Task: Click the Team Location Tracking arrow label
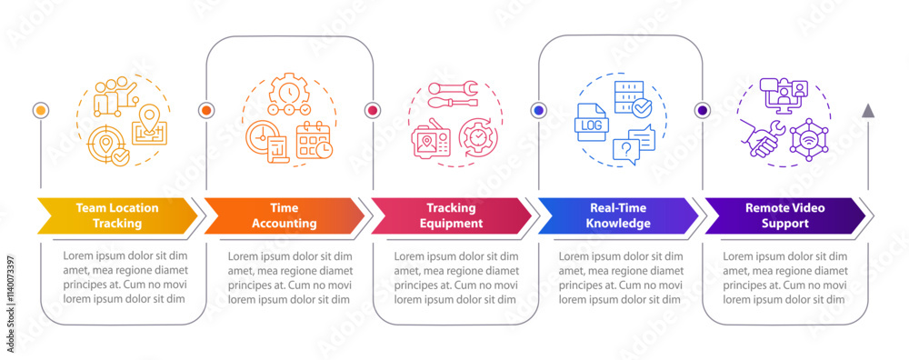pyautogui.click(x=117, y=215)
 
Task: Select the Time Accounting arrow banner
pyautogui.click(x=285, y=215)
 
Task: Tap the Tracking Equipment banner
pyautogui.click(x=451, y=215)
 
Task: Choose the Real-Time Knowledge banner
pyautogui.click(x=618, y=215)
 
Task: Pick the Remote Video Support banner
pyautogui.click(x=785, y=215)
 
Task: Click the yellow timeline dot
pyautogui.click(x=41, y=110)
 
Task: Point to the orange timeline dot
pyautogui.click(x=206, y=110)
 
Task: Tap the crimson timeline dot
pyautogui.click(x=372, y=110)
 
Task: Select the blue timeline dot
pyautogui.click(x=539, y=110)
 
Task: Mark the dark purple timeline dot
pyautogui.click(x=703, y=110)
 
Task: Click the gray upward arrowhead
pyautogui.click(x=868, y=111)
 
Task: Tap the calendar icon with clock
pyautogui.click(x=315, y=141)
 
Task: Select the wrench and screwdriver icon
pyautogui.click(x=452, y=95)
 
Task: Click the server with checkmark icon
pyautogui.click(x=633, y=98)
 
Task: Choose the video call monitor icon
pyautogui.click(x=784, y=94)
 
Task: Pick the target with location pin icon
pyautogui.click(x=108, y=145)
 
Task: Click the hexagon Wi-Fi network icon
pyautogui.click(x=809, y=140)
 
